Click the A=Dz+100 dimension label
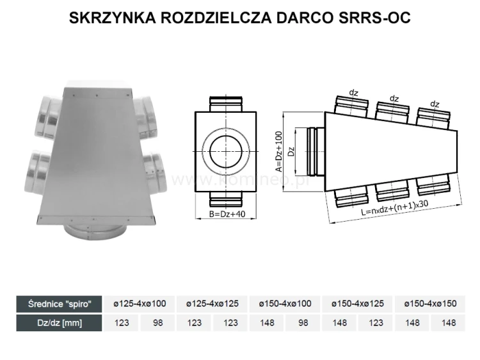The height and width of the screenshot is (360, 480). pyautogui.click(x=278, y=152)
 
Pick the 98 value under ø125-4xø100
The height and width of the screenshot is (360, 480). pyautogui.click(x=157, y=322)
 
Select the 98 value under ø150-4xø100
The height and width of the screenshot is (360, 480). pyautogui.click(x=303, y=322)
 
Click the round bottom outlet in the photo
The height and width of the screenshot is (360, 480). pyautogui.click(x=95, y=228)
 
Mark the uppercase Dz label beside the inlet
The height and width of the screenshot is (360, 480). pyautogui.click(x=291, y=152)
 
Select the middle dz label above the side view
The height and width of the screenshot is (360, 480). pyautogui.click(x=394, y=99)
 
